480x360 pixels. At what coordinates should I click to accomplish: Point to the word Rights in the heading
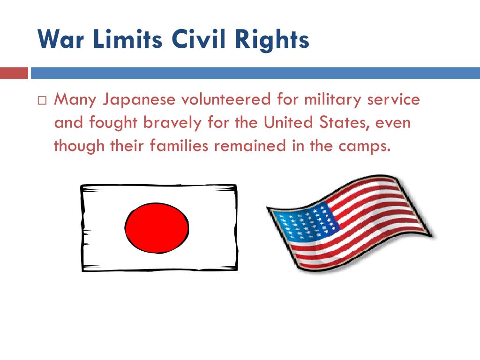coord(272,40)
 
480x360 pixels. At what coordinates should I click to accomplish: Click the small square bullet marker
coord(42,101)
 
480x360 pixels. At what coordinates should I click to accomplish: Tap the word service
coord(393,99)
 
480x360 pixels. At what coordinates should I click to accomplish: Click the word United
coord(288,122)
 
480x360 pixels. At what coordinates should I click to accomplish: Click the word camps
coord(365,146)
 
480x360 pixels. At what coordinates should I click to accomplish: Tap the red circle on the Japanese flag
coord(157,228)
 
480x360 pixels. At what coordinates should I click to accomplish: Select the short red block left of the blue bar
coord(14,73)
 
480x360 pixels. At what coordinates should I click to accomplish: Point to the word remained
coord(250,145)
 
